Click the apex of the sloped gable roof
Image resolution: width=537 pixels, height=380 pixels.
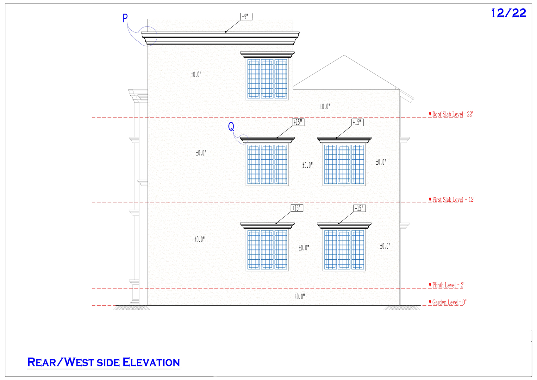tap(344, 55)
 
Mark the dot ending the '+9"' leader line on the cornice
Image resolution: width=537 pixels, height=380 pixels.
tap(226, 32)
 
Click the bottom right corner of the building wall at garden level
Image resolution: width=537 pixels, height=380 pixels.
tap(400, 305)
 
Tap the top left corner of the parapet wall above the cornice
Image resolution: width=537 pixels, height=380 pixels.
tap(148, 19)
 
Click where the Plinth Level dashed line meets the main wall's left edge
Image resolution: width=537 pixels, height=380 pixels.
tap(148, 288)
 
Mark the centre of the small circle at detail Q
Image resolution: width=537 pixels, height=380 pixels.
tap(244, 139)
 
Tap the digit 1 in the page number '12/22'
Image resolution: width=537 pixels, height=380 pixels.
tap(493, 13)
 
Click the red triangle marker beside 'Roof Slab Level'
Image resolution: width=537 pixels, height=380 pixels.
tap(430, 114)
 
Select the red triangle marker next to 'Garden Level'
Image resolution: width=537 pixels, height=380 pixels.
tap(430, 302)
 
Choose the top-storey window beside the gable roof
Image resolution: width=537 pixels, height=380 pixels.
tap(267, 79)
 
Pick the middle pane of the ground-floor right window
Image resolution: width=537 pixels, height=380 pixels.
tap(344, 250)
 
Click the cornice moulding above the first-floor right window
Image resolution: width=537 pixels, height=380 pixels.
tap(344, 140)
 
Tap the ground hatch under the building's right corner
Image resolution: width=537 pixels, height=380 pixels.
tap(402, 307)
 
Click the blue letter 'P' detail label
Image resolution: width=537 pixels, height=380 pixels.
tap(125, 18)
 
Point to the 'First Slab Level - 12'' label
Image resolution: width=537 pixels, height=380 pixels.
tap(453, 199)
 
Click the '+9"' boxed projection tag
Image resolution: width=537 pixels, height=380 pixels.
tap(247, 16)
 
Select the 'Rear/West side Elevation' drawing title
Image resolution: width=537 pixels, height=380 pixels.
tap(103, 362)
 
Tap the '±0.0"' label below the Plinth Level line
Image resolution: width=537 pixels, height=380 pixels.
tap(300, 296)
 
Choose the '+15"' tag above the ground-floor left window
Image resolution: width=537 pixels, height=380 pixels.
tap(297, 208)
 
